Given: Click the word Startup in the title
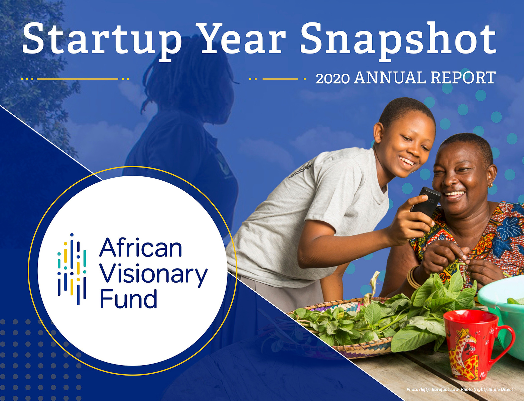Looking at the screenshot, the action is [102, 40].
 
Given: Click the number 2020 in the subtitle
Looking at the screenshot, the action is [333, 78].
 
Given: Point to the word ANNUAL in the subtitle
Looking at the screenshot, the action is [390, 78].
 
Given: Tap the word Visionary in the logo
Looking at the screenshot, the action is [153, 275].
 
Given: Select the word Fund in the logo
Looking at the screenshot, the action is [128, 298].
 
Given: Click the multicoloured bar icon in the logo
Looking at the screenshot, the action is [72, 269].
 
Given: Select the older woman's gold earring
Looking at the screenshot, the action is [490, 185].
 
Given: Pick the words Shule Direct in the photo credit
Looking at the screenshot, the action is [501, 389].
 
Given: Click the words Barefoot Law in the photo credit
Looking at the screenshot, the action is [445, 389].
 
